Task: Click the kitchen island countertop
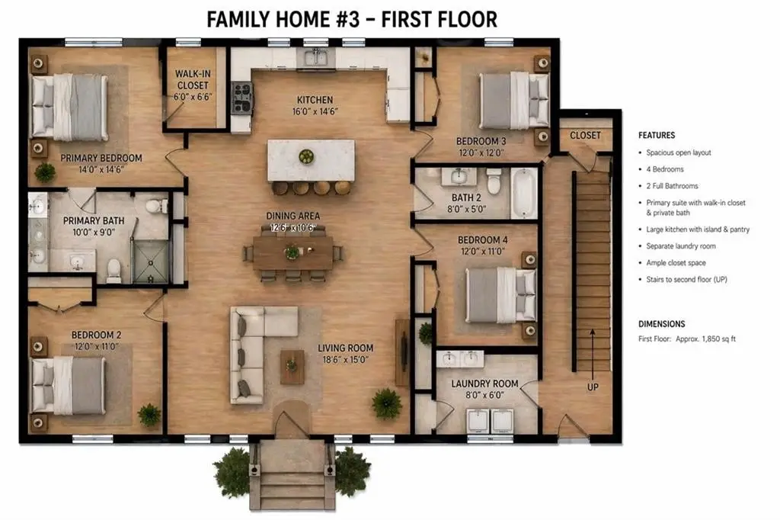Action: (311, 160)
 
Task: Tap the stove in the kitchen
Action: (242, 98)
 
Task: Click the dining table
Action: (293, 252)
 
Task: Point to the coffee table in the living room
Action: (292, 367)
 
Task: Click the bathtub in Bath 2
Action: (524, 193)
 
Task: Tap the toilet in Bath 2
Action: (494, 181)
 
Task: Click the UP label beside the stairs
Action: (593, 387)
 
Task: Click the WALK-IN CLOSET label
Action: (193, 80)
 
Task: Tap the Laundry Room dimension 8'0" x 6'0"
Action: (484, 395)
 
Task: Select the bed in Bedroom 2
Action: (68, 385)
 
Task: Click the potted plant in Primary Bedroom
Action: (45, 172)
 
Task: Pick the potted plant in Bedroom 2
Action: (149, 415)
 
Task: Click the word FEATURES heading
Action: (657, 136)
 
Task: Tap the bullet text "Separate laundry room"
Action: (680, 246)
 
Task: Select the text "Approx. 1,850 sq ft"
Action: (705, 339)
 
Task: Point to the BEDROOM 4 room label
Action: (482, 240)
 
